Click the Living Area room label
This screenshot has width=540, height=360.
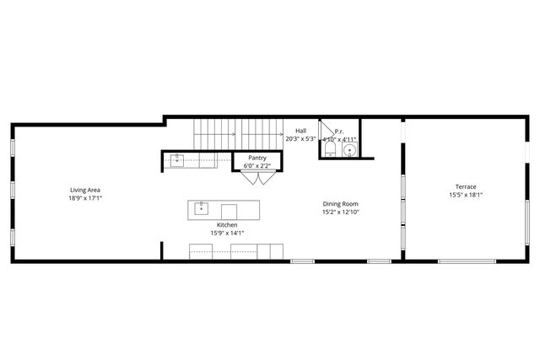click(85, 190)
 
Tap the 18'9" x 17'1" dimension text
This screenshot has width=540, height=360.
click(85, 199)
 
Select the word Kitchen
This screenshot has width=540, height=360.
click(227, 224)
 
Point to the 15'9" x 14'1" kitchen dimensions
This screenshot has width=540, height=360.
click(227, 234)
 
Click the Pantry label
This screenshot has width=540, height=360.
click(257, 158)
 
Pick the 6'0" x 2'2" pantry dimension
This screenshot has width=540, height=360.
click(257, 166)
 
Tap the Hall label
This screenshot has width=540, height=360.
click(300, 130)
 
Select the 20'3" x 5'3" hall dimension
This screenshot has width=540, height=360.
click(300, 138)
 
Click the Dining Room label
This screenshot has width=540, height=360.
click(341, 203)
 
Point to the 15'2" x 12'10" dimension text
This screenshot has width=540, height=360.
click(341, 212)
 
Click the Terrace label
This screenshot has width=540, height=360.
click(466, 186)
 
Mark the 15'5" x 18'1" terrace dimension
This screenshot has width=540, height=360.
click(466, 196)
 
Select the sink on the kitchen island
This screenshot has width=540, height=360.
click(202, 207)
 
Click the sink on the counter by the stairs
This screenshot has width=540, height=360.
click(178, 159)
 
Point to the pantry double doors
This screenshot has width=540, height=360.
click(264, 178)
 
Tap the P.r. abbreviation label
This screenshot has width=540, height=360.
click(339, 132)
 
